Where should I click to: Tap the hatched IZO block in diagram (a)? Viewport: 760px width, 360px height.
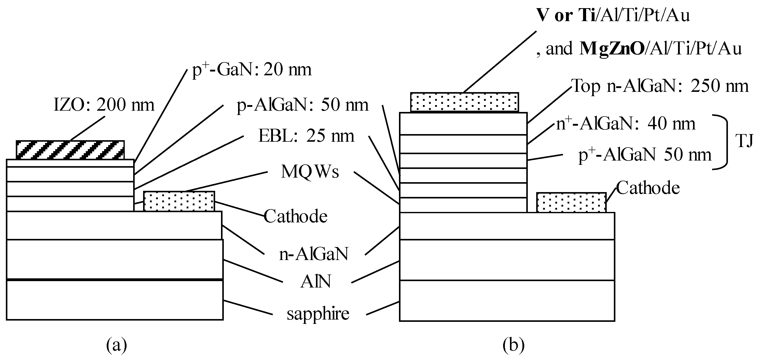(x=70, y=150)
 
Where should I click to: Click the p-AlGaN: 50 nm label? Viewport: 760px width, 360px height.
(x=302, y=105)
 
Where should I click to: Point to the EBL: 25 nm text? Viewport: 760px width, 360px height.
(x=306, y=136)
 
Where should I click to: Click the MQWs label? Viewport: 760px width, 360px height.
(x=310, y=171)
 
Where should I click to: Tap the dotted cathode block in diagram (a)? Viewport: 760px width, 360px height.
(x=179, y=201)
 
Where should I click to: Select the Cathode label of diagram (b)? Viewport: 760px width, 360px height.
(x=648, y=188)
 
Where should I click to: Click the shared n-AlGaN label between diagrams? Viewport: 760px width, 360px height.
(x=314, y=254)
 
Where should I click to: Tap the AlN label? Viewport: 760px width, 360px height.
(x=316, y=282)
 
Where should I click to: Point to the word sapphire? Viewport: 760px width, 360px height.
(x=318, y=314)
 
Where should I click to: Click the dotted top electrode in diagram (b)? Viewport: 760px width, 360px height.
(x=464, y=102)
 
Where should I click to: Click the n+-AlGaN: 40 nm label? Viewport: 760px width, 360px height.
(x=626, y=124)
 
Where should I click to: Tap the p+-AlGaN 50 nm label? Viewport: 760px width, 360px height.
(x=645, y=155)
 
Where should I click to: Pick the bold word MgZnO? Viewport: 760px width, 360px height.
(x=612, y=49)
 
